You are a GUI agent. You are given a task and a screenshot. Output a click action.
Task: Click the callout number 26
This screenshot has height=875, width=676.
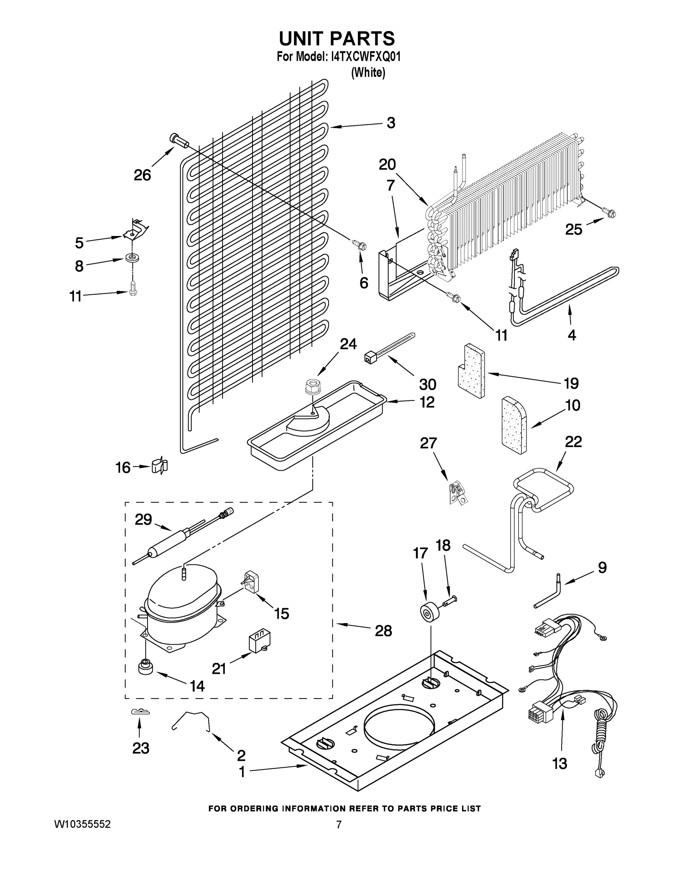point(142,175)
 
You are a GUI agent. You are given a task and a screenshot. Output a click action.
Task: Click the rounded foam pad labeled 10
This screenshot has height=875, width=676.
point(514,426)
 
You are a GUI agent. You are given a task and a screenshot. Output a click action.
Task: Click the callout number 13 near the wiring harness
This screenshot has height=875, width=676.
point(560,764)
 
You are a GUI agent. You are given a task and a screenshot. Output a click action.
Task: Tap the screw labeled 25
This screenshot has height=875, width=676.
point(610,214)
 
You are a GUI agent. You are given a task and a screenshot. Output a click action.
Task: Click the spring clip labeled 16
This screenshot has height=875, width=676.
point(160,466)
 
